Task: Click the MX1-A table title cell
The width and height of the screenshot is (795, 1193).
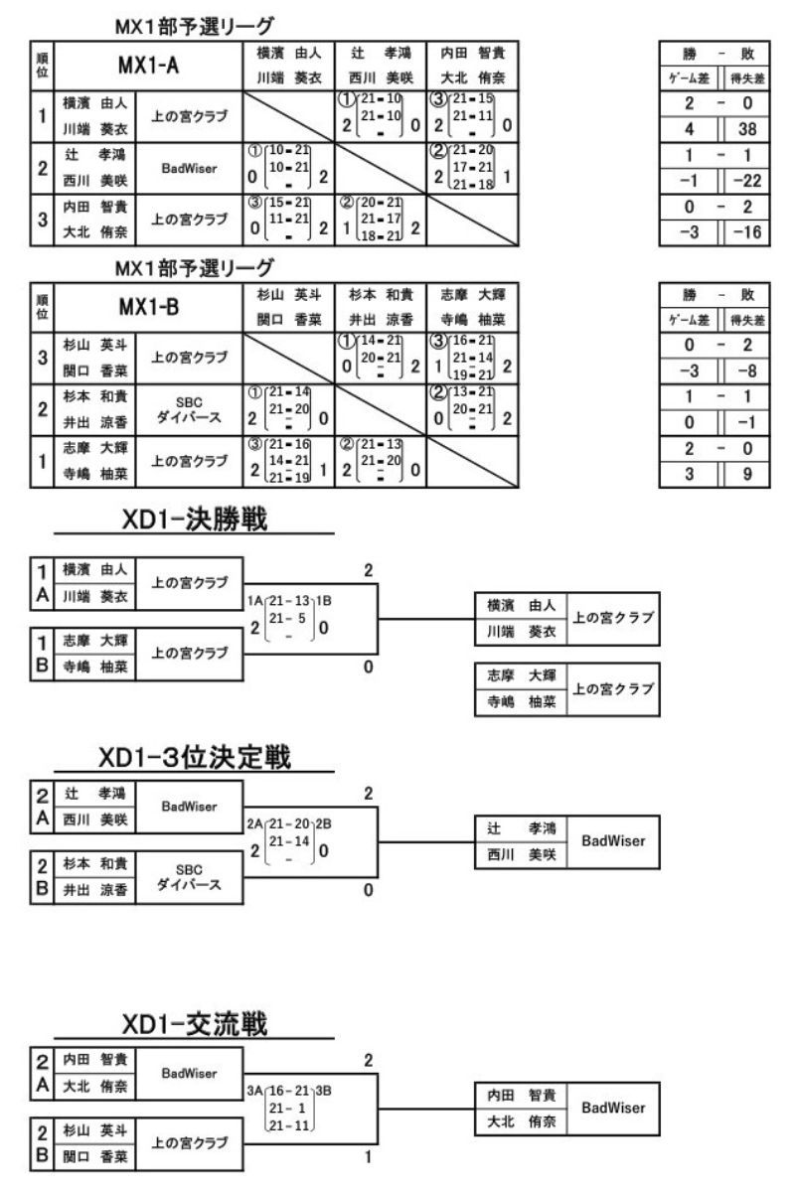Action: click(149, 65)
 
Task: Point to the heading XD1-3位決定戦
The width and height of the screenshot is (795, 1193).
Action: click(194, 758)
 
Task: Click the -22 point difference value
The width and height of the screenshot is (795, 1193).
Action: click(748, 180)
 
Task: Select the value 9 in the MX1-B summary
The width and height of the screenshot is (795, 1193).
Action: click(748, 475)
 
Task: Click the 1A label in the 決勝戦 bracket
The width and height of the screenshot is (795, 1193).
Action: click(255, 600)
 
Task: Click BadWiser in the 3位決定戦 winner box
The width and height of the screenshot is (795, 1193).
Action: click(613, 840)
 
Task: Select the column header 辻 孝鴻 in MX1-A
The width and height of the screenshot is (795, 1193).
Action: click(380, 53)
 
